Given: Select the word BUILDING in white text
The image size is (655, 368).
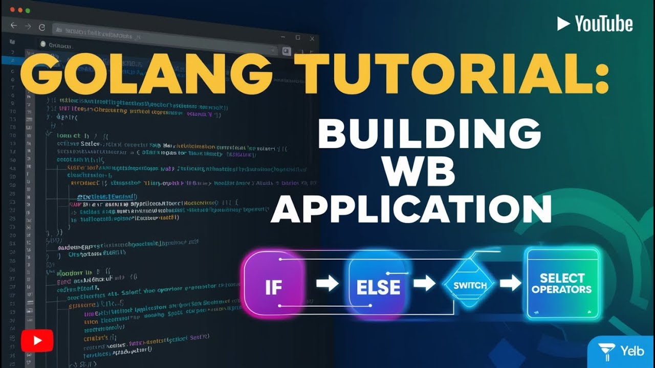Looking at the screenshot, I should tap(429, 134).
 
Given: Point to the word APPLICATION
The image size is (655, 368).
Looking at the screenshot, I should tap(411, 209).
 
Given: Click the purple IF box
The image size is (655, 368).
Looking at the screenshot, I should tap(274, 285).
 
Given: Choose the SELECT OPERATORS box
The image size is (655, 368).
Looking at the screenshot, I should tap(561, 283).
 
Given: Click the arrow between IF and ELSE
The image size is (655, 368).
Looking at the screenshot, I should tap(327, 283).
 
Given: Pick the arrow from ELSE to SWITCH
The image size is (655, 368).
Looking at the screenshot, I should tap(424, 283).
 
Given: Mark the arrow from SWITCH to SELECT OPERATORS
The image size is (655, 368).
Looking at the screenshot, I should tap(510, 283).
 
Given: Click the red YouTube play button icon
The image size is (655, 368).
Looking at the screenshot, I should tap(37, 340).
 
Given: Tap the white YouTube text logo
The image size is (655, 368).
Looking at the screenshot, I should tap(595, 24).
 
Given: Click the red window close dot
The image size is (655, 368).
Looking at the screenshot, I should tap(11, 10).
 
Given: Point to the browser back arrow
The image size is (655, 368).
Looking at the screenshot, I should tap(14, 26).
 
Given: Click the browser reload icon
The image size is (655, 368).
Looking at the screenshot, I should tap(42, 27).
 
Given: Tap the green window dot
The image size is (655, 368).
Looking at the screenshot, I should tap(28, 10).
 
